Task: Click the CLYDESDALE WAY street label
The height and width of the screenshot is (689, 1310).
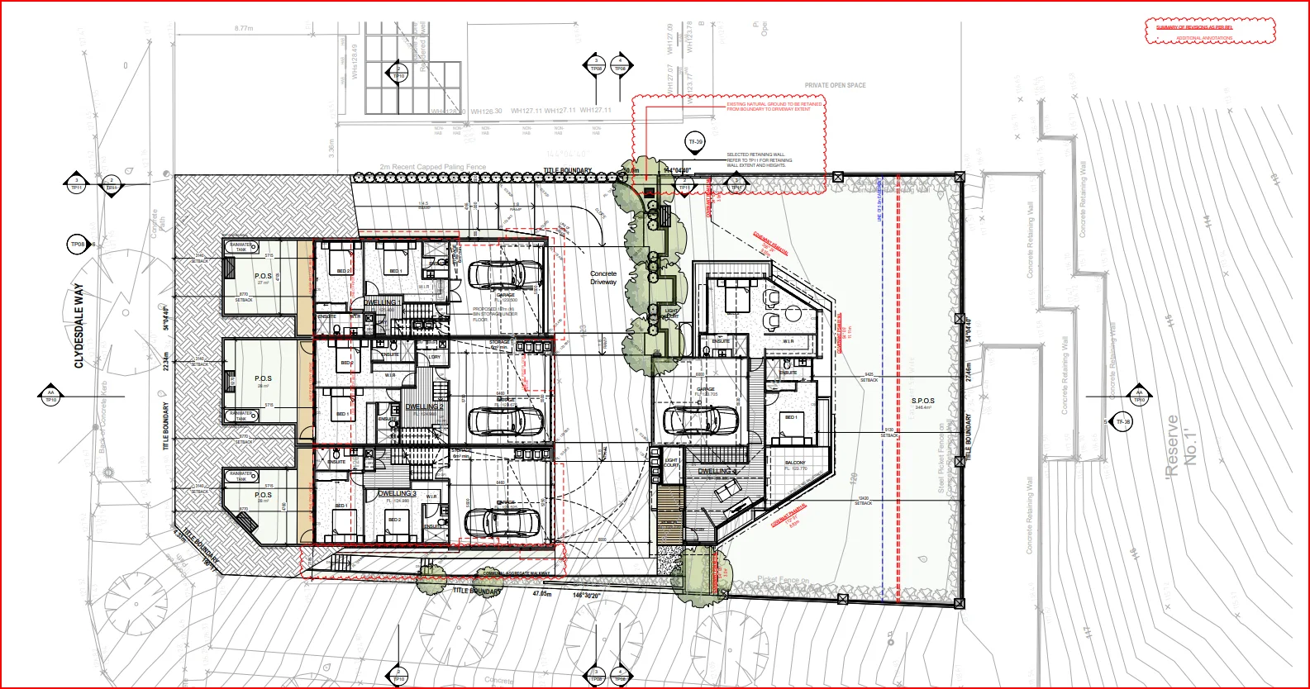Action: (x=79, y=326)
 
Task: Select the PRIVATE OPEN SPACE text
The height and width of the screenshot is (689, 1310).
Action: (x=835, y=85)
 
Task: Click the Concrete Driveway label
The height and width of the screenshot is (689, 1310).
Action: (x=603, y=278)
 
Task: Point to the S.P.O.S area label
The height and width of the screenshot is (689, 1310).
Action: (x=922, y=402)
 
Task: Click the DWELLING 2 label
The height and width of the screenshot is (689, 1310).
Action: (x=424, y=407)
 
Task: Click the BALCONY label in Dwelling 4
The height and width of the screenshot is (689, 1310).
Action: (x=795, y=463)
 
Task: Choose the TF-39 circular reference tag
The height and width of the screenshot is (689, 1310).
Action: (x=696, y=142)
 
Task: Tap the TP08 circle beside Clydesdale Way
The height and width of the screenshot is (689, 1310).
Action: (x=78, y=245)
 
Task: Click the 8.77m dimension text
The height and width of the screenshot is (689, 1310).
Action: (x=243, y=28)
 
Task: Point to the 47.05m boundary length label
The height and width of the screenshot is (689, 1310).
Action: (x=541, y=594)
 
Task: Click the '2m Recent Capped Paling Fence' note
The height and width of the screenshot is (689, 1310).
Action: (x=433, y=168)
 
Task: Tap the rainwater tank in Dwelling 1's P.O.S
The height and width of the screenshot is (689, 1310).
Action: (x=241, y=247)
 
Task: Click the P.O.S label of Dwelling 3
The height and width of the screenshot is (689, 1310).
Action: (x=263, y=496)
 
